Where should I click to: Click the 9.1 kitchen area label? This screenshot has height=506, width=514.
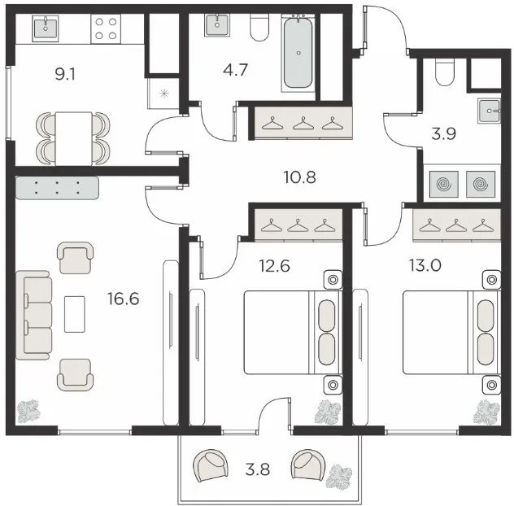click(65, 75)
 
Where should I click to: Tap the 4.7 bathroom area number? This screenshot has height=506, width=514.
click(235, 70)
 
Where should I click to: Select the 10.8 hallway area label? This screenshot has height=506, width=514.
click(299, 177)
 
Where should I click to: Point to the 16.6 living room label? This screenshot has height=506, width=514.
click(124, 299)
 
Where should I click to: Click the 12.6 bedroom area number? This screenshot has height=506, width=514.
click(274, 266)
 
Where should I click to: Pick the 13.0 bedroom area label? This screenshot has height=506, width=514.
click(425, 265)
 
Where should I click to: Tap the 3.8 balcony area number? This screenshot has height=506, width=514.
click(258, 469)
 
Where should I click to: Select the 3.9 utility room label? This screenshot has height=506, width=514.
click(443, 134)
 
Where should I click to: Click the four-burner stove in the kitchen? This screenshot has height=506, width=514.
click(106, 28)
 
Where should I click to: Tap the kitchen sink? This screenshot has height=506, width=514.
click(46, 28)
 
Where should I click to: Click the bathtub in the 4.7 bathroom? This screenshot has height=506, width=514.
click(298, 52)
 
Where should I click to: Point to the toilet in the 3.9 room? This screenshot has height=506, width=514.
click(445, 72)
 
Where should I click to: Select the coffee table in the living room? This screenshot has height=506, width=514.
click(74, 314)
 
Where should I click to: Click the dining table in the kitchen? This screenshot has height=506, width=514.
click(74, 139)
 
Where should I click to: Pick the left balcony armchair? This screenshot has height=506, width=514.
click(211, 465)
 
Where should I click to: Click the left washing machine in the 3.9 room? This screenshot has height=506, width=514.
click(444, 185)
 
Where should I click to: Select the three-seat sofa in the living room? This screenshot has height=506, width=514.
click(34, 315)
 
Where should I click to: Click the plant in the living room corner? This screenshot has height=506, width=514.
click(28, 412)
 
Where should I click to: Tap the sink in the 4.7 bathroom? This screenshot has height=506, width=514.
click(217, 25)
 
